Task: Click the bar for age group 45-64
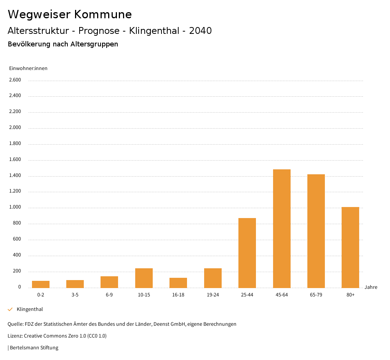(281, 228)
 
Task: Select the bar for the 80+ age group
(350, 247)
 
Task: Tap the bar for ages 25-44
(247, 253)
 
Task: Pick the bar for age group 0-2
(41, 284)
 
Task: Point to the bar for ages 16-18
(178, 283)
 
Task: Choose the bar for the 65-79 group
(316, 231)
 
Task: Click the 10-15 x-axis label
(144, 295)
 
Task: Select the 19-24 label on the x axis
(213, 295)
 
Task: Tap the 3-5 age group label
(75, 295)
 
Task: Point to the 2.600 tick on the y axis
(15, 80)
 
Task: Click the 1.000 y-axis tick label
(15, 207)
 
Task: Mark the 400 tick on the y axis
(17, 255)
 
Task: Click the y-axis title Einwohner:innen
(28, 68)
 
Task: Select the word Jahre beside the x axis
(371, 287)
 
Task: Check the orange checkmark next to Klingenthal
(10, 309)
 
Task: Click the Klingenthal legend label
(30, 309)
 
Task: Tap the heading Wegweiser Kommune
(70, 14)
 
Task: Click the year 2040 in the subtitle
(200, 31)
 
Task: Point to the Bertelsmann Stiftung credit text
(34, 348)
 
